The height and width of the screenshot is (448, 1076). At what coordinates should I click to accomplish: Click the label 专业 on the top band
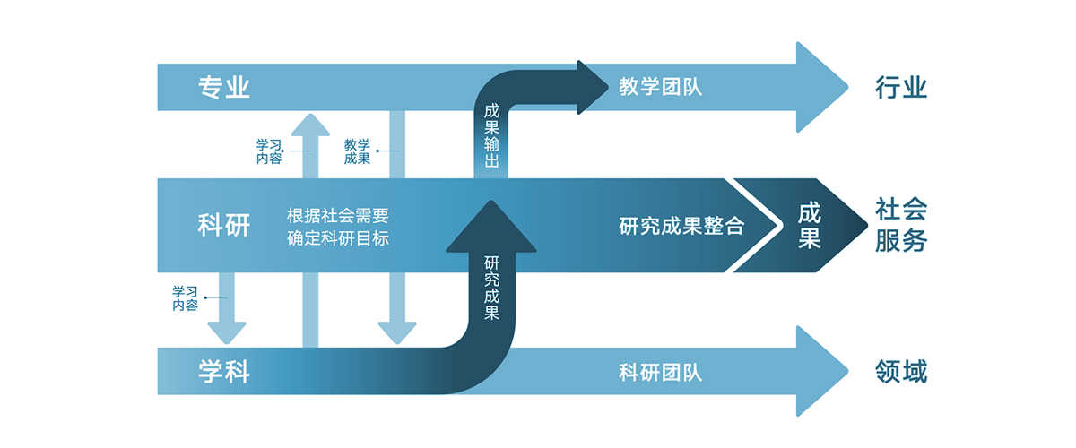(x=223, y=88)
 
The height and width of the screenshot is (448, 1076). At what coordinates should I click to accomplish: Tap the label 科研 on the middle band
(x=223, y=226)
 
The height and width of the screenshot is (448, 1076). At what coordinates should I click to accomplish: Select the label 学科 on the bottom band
(x=223, y=371)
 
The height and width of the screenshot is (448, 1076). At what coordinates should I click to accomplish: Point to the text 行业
(x=900, y=88)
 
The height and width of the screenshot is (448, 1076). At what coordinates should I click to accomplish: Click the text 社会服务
(x=900, y=226)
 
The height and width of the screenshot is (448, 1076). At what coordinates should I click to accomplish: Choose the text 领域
(x=900, y=371)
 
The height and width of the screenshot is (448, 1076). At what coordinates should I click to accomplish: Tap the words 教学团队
(x=660, y=88)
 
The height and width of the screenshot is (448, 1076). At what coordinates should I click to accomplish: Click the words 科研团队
(x=660, y=371)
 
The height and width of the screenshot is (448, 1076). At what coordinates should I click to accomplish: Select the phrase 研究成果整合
(x=681, y=226)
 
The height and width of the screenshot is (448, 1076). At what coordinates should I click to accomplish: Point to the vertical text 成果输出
(x=491, y=137)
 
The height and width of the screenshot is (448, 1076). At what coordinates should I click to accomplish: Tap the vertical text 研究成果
(x=491, y=289)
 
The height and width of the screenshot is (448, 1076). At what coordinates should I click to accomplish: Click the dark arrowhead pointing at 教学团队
(x=592, y=88)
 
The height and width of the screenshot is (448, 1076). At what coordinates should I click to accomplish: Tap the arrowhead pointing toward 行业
(x=818, y=88)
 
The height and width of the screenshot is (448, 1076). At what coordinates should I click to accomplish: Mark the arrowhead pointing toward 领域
(x=818, y=371)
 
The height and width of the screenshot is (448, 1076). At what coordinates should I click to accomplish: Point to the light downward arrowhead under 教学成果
(x=396, y=332)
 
